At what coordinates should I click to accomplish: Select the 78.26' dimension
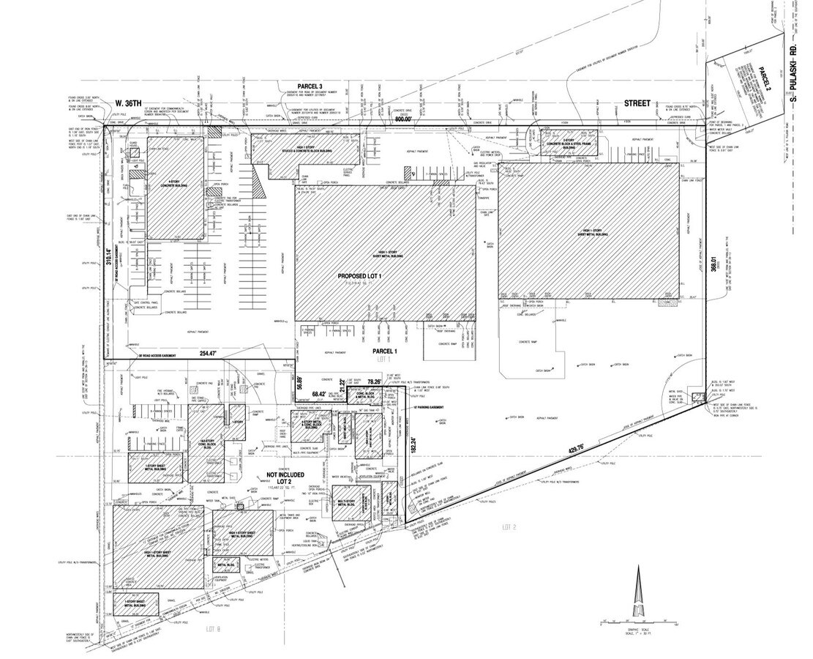click(x=374, y=381)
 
